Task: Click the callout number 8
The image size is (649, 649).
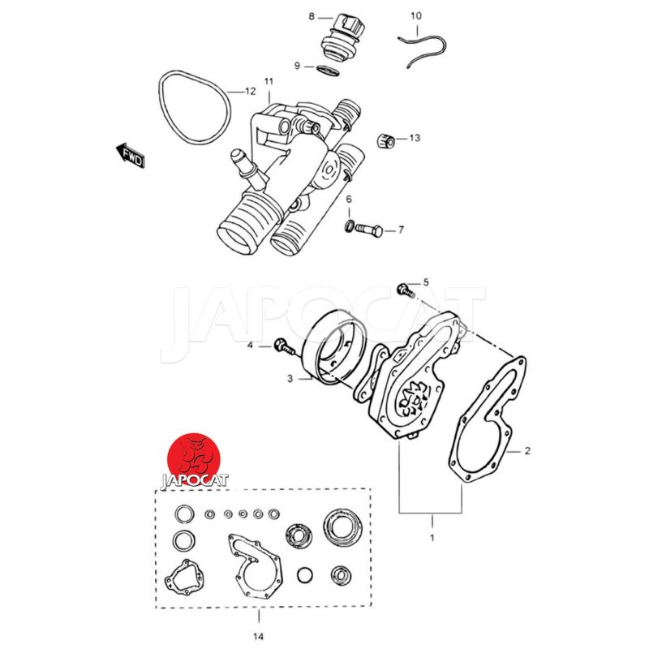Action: [x=312, y=16]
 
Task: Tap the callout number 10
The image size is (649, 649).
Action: [x=416, y=15]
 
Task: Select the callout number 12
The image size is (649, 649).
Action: [x=251, y=91]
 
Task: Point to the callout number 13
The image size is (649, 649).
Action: [x=415, y=138]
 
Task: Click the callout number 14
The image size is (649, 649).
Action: [x=258, y=637]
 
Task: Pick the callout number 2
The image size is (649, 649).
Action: [x=527, y=451]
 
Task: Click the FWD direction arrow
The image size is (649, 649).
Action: [x=131, y=156]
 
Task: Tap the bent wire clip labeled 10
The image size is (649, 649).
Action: [x=422, y=50]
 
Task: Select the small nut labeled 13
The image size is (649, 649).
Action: [x=386, y=140]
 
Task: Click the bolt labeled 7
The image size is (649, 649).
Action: [x=369, y=229]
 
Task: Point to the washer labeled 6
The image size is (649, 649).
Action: [x=350, y=226]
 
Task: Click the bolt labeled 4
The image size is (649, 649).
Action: [x=285, y=347]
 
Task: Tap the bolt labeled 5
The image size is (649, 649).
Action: [x=405, y=290]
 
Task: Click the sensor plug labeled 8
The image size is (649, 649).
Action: [x=342, y=40]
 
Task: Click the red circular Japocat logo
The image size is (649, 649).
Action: [x=193, y=460]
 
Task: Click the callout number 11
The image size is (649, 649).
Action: [x=269, y=81]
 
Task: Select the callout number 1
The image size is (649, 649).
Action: [x=432, y=538]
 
